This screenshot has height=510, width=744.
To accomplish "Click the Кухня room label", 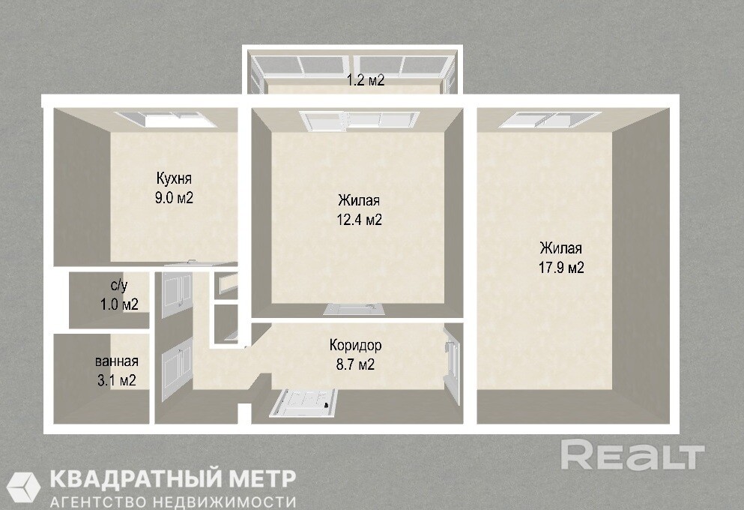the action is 174,179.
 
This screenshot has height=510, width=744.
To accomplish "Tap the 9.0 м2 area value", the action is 174,198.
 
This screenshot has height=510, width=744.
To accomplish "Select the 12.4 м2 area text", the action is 359,220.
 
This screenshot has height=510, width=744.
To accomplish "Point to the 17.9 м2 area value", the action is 561,268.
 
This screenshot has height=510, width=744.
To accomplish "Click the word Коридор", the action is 355,345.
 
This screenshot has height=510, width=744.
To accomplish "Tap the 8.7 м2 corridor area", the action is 355,364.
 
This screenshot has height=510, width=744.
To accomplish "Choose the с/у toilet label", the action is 119,286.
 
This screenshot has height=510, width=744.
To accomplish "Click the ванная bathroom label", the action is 117,361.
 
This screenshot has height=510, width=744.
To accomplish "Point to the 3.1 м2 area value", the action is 117,380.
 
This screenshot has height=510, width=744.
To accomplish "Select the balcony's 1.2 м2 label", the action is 366,80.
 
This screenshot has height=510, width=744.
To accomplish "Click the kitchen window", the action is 166,119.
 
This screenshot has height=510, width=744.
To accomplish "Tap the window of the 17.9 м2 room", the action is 550,120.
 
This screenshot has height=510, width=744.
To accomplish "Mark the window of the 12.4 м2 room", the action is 359,120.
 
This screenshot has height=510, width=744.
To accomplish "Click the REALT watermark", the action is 632,455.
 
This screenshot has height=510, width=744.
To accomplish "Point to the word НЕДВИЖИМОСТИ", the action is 225,502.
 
